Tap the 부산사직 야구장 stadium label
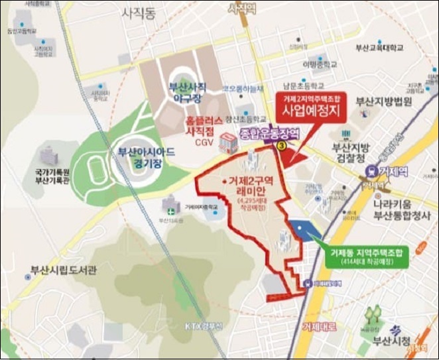pyautogui.click(x=188, y=91)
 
